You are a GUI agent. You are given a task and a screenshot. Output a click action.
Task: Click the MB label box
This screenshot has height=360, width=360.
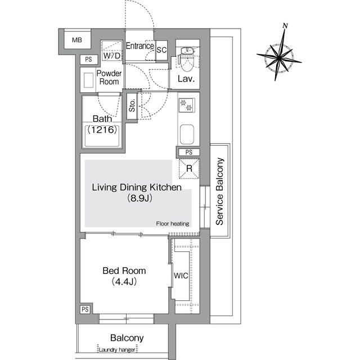coord(77,40)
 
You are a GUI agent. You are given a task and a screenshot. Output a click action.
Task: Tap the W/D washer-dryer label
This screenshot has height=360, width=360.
coord(112,56)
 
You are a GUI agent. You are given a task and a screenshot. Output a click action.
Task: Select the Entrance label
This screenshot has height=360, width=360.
coord(139,46)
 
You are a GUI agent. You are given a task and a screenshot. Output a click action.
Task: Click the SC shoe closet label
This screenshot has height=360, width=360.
coord(161,50)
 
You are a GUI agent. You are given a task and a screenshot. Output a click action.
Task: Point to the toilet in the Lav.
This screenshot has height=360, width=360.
coord(188,60)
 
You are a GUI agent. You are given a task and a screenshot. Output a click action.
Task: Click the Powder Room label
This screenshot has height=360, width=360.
coord(109,78)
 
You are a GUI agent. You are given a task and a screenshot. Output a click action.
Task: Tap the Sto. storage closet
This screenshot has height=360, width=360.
coord(132,106)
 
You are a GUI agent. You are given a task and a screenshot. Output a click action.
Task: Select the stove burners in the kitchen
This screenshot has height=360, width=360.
coord(186,105)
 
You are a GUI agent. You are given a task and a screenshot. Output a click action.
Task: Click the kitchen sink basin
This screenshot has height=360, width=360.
coord(187,134)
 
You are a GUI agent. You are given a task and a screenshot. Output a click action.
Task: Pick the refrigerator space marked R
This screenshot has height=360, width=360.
coord(189,168)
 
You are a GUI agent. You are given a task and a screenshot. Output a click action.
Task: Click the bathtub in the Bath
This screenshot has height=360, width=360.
coord(102,136)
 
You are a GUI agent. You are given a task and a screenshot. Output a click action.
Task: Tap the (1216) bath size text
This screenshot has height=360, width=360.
coord(102,130)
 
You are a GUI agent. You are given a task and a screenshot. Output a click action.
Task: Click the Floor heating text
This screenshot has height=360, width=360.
coord(173,224)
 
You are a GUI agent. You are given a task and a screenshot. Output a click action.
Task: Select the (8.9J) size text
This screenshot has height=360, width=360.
coord(139,198)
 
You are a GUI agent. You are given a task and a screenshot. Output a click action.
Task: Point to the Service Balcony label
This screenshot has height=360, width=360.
coord(219,191)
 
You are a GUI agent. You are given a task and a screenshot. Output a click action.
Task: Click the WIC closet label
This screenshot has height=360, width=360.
coord(181,276)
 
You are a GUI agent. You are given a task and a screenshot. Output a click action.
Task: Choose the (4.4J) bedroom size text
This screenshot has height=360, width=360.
coord(124,281)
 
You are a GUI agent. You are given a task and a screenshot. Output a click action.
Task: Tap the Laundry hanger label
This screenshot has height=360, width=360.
coord(117,350)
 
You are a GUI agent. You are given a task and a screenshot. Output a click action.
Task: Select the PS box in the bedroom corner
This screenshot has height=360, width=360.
coord(85,309)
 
